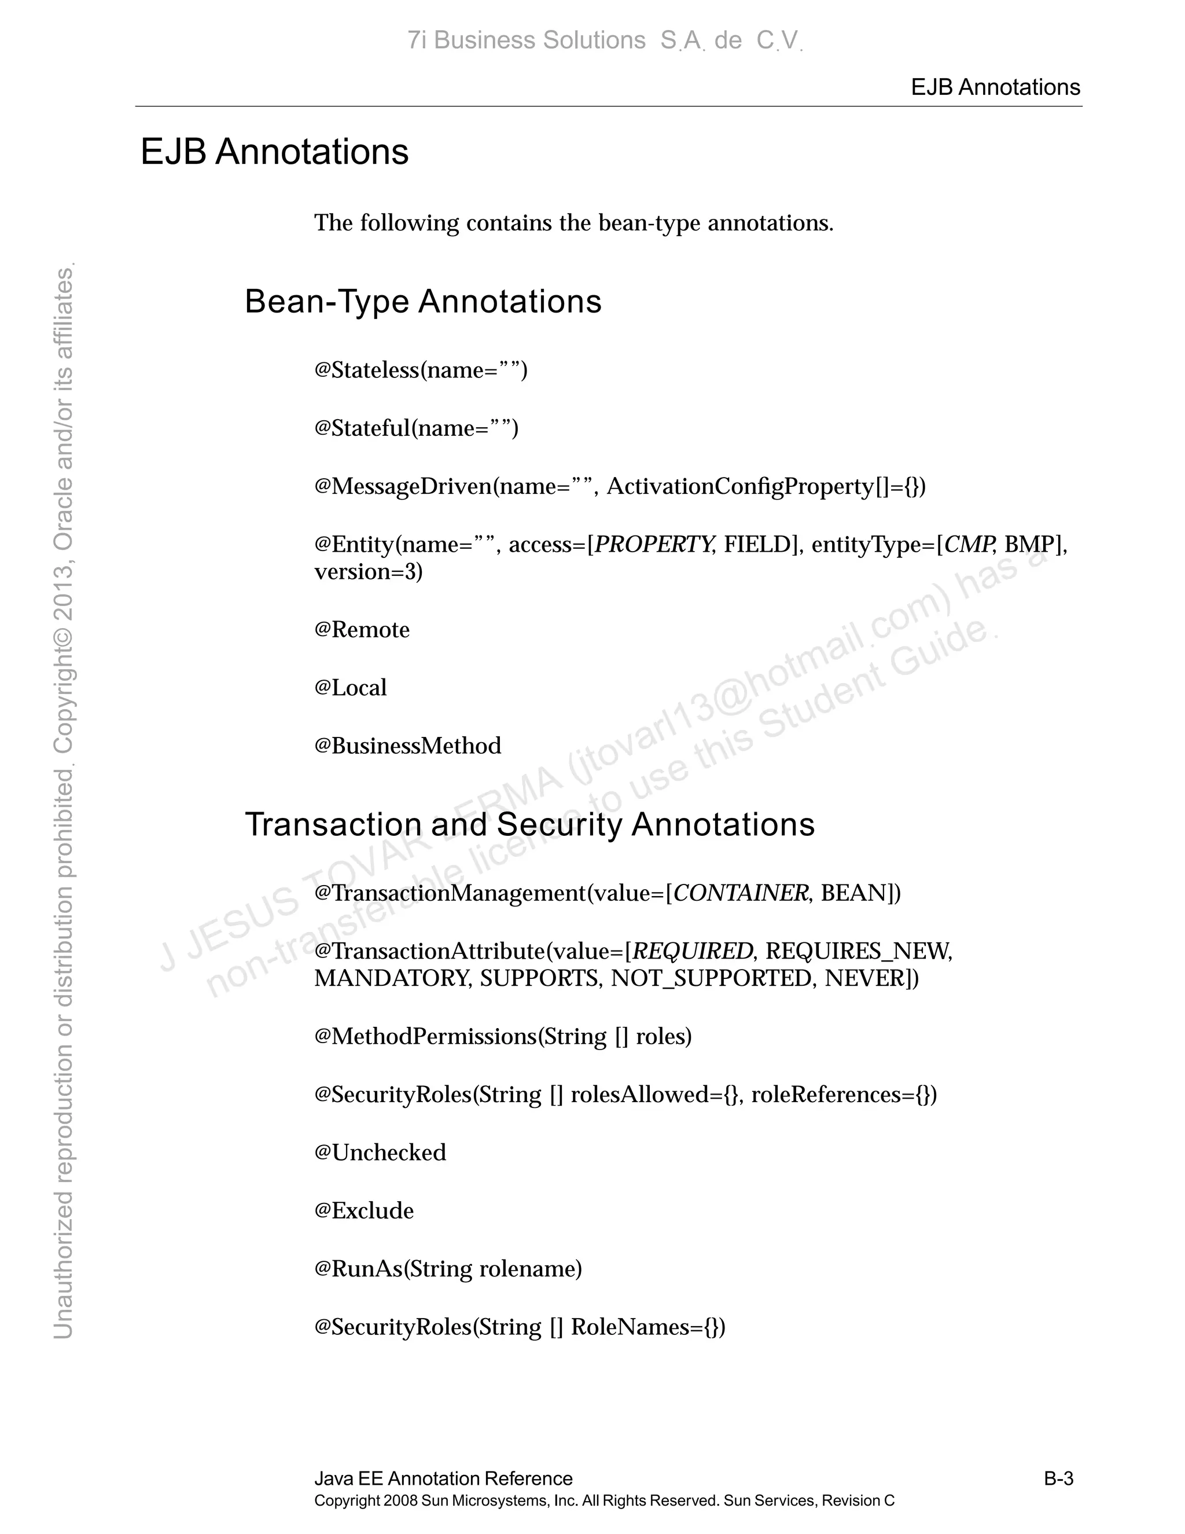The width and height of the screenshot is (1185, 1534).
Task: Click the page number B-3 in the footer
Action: pyautogui.click(x=1058, y=1478)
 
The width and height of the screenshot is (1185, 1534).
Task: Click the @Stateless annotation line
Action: pyautogui.click(x=421, y=370)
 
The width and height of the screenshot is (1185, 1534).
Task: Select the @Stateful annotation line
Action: pyautogui.click(x=416, y=428)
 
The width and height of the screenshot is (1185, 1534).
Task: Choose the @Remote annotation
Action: pyautogui.click(x=362, y=630)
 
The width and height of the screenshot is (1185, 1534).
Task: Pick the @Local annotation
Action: pyautogui.click(x=350, y=688)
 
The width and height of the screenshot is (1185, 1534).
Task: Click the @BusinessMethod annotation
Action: pyautogui.click(x=408, y=746)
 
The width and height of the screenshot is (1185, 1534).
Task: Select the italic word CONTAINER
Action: pyautogui.click(x=740, y=893)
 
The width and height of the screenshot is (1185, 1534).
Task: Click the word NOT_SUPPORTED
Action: pyautogui.click(x=711, y=978)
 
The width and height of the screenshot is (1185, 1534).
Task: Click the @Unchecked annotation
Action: pyautogui.click(x=380, y=1153)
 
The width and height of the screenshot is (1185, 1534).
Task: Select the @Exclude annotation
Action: pyautogui.click(x=363, y=1211)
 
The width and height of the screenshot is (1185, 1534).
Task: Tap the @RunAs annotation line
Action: pyautogui.click(x=448, y=1269)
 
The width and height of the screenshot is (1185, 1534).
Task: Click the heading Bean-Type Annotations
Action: pyautogui.click(x=422, y=302)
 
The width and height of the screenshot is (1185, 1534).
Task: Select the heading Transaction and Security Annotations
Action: pyautogui.click(x=529, y=824)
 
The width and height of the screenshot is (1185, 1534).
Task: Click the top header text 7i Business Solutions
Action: pyautogui.click(x=527, y=41)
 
